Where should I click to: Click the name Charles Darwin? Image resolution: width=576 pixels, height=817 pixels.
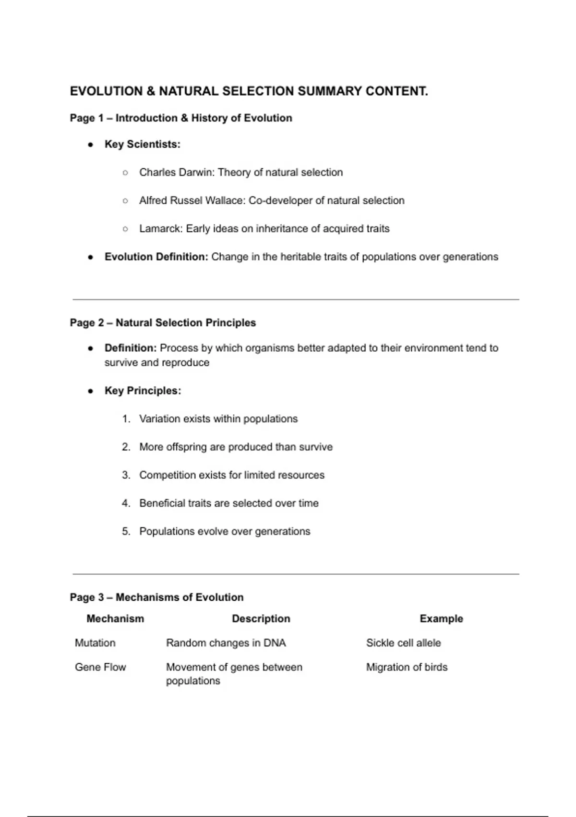(176, 173)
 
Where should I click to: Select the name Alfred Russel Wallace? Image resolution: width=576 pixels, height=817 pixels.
(192, 200)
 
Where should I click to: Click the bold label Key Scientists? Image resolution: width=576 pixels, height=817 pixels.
(142, 144)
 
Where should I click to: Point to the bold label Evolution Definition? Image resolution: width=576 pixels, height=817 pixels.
(156, 257)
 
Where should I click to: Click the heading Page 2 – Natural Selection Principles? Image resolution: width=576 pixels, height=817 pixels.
(163, 323)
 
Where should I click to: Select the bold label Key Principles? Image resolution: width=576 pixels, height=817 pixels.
(143, 391)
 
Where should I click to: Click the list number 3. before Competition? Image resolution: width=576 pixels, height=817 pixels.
(126, 475)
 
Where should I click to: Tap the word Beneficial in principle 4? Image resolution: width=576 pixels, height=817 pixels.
(162, 503)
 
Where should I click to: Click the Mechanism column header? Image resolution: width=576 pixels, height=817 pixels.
(115, 619)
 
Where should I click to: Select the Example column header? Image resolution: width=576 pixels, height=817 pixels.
(441, 619)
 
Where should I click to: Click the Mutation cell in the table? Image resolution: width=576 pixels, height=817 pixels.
(95, 643)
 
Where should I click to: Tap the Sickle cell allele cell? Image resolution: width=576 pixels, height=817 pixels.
(403, 643)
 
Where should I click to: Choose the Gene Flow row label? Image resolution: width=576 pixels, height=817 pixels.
(100, 668)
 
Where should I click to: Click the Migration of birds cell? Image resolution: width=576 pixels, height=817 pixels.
(407, 668)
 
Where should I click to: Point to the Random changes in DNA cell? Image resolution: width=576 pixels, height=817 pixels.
(226, 643)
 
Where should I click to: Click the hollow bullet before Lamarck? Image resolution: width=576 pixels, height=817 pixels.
(125, 229)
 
